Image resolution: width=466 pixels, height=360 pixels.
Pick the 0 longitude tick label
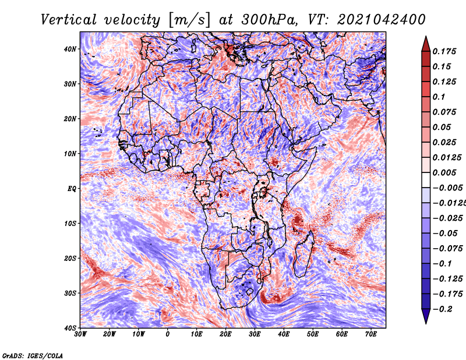(x=168, y=334)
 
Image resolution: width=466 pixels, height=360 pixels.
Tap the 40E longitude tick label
(x=284, y=334)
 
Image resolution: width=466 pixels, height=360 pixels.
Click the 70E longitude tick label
(x=370, y=334)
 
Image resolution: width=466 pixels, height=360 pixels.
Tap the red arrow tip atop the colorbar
(x=426, y=43)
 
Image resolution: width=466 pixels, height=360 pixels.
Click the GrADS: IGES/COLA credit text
(x=32, y=355)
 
